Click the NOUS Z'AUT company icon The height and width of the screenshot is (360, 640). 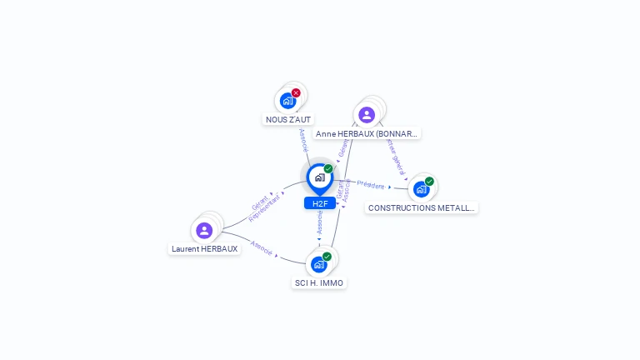point(287,101)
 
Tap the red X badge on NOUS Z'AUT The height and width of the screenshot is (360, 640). point(296,92)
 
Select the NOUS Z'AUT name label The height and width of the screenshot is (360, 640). point(288,120)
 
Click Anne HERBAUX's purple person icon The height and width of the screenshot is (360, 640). point(367,115)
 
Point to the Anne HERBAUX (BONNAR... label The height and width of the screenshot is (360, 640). point(367,133)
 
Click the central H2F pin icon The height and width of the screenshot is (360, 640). point(319,177)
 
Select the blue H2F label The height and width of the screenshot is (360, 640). point(319,203)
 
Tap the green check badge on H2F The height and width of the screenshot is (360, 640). point(328,168)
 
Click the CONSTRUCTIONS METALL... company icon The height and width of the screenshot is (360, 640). point(421,189)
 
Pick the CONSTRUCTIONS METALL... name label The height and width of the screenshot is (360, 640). point(422,208)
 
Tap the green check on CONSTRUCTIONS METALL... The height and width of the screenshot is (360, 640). point(429,181)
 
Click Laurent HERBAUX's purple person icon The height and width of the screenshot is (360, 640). point(204,230)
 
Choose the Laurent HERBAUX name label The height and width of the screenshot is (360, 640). point(205,248)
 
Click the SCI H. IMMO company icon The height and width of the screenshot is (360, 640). point(318,265)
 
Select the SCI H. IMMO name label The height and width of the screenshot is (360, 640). point(319,283)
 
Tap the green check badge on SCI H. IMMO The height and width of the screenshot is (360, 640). point(327,257)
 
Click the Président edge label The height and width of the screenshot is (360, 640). point(371,186)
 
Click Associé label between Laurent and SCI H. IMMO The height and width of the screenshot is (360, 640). point(262,248)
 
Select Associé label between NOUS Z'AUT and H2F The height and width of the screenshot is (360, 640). point(303,141)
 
